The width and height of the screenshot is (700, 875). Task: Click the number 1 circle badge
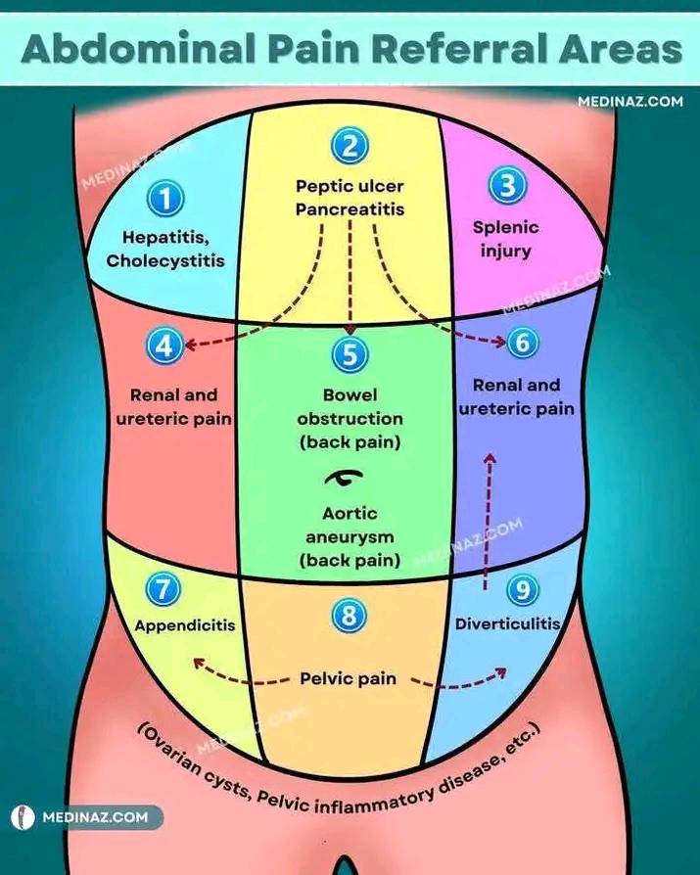point(165,199)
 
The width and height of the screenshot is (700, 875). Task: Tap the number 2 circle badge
point(350,146)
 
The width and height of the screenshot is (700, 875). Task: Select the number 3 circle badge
point(507,185)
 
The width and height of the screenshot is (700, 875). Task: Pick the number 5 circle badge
point(350,354)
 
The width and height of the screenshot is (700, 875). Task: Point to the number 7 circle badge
point(163,589)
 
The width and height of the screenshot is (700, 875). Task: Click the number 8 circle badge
point(349,616)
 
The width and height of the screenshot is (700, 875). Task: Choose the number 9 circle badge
point(523,590)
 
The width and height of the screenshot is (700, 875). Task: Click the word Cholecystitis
point(165,261)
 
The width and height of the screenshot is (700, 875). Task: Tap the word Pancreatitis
point(350,209)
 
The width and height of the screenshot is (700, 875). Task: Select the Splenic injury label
point(506,239)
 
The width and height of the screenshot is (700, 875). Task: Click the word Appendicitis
point(185,625)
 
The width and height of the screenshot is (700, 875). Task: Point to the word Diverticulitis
point(507,623)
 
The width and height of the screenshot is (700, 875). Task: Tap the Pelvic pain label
point(349,678)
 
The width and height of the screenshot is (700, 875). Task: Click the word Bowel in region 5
point(350,394)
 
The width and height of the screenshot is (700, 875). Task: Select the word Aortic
point(350,513)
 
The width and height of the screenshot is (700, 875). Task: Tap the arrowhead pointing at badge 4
point(190,345)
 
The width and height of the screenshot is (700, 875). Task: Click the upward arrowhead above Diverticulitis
point(490,458)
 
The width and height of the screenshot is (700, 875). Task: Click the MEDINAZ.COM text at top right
point(630,102)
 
